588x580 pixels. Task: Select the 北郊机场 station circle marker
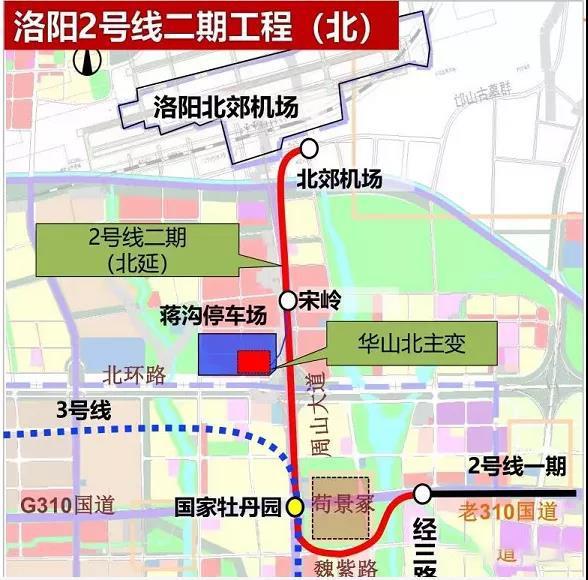(x=309, y=149)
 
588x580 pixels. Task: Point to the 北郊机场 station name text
(x=340, y=181)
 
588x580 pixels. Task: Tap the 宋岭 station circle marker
(x=288, y=299)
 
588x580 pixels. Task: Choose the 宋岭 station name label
(x=317, y=299)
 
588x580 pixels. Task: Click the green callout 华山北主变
(x=412, y=344)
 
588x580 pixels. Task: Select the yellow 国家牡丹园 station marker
(x=295, y=506)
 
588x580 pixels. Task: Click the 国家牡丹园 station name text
(x=229, y=506)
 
